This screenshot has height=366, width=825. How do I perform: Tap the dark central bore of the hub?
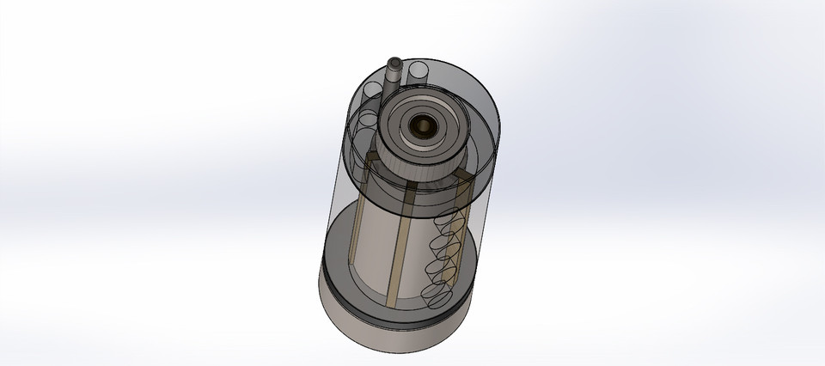point(424,125)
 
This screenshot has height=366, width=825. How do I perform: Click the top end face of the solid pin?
point(394,63)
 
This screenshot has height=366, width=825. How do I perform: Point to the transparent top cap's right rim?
point(498,129)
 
